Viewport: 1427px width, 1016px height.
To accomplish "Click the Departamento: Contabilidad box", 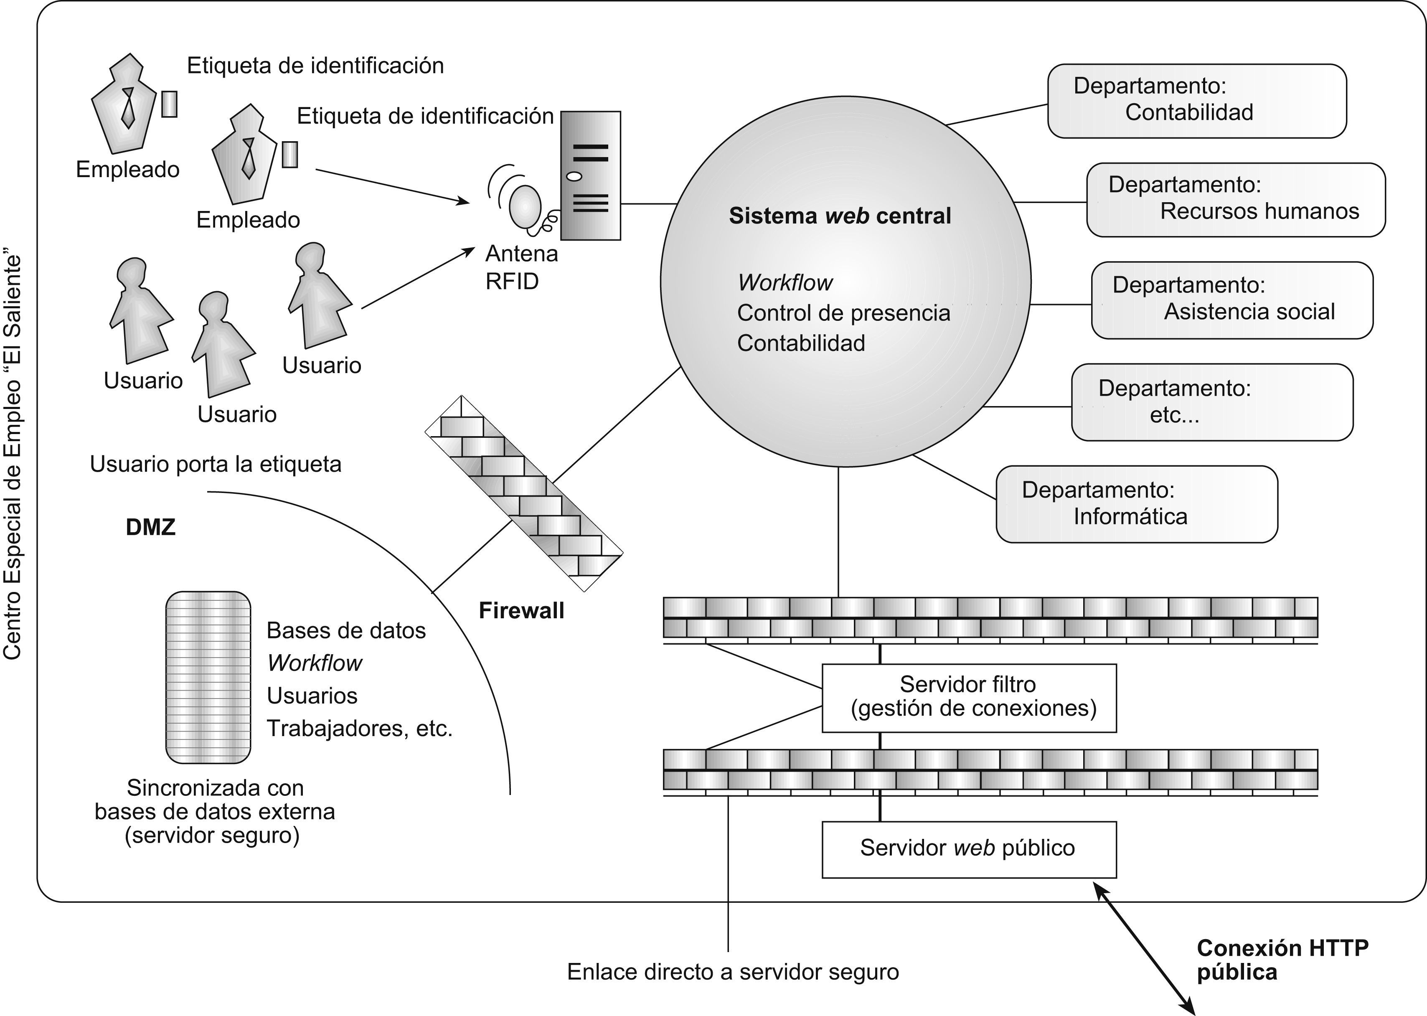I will click(x=1196, y=101).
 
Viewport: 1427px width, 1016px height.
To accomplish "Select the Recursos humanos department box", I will click(x=1236, y=200).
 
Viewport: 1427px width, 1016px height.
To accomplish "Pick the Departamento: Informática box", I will click(x=1136, y=504).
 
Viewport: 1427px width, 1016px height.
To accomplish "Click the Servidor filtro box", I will click(x=968, y=698).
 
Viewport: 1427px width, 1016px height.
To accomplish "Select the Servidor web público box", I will click(x=968, y=849).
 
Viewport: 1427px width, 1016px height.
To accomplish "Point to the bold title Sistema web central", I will click(x=840, y=216).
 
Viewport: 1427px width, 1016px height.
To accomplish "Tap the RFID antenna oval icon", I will click(x=524, y=206).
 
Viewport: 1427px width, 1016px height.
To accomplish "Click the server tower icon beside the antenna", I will click(x=590, y=176).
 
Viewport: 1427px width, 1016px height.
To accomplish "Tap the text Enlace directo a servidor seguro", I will click(x=733, y=972).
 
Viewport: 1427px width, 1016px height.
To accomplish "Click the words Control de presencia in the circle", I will click(x=843, y=313).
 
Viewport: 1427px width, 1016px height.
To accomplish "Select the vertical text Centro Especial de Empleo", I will click(x=13, y=456).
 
